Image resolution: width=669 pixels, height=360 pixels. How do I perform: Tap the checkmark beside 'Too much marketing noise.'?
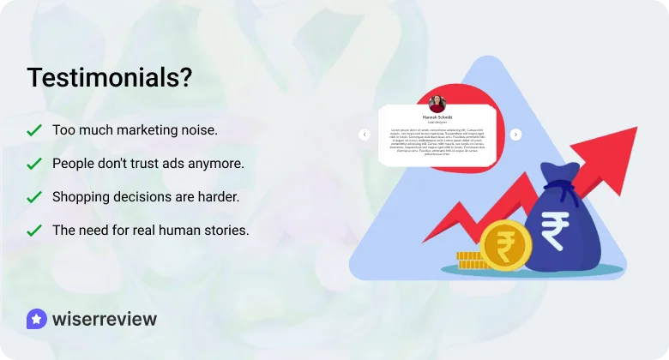click(34, 130)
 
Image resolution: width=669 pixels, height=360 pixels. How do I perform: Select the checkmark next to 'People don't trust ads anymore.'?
click(34, 163)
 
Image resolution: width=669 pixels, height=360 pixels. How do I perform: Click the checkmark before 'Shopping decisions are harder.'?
click(34, 197)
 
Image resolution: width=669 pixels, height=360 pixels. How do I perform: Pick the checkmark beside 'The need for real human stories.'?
click(34, 231)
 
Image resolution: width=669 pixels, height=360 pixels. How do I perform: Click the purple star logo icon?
click(36, 320)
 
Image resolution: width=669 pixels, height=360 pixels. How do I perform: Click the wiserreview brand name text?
click(105, 320)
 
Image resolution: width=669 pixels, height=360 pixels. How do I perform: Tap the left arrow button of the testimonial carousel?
click(364, 135)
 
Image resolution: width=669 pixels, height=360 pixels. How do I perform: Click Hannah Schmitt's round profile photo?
click(437, 103)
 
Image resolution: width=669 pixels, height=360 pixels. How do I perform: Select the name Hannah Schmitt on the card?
click(437, 117)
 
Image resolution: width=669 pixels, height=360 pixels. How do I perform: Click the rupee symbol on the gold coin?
click(506, 246)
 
